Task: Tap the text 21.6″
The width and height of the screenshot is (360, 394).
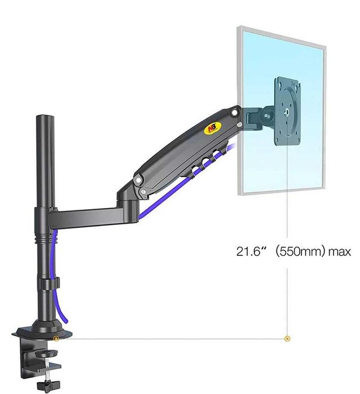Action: (251, 251)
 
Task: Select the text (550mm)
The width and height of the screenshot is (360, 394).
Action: (300, 251)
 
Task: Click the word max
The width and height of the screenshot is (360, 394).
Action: (340, 252)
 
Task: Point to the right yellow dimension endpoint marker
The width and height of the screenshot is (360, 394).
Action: (287, 338)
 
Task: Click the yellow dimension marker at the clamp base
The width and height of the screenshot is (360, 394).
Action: (56, 338)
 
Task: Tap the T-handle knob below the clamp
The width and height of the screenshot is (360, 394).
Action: (49, 384)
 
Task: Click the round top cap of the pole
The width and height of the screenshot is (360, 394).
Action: (46, 117)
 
